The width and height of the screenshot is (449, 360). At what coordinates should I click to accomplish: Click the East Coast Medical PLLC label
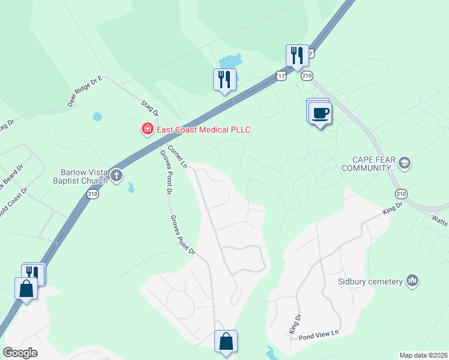tap(203, 130)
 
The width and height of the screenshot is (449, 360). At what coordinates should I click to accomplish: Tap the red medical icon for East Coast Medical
tap(146, 129)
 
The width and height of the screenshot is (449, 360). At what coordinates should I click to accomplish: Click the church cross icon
tap(116, 176)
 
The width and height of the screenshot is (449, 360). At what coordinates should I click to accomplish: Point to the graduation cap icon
tap(405, 163)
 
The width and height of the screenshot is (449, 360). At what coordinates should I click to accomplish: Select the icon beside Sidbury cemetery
tap(412, 280)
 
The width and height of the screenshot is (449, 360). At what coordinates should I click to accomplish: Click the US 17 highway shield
tap(281, 76)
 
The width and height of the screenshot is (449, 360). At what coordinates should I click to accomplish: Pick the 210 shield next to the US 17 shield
tap(307, 76)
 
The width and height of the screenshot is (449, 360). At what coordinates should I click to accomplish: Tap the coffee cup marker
tap(321, 113)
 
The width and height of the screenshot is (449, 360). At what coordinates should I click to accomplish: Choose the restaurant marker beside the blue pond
tap(224, 79)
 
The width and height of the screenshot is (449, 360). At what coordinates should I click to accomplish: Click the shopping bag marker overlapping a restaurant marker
tap(27, 288)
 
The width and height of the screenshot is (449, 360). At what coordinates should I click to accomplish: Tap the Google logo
tap(20, 353)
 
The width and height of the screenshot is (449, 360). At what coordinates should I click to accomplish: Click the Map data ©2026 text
tap(423, 355)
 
